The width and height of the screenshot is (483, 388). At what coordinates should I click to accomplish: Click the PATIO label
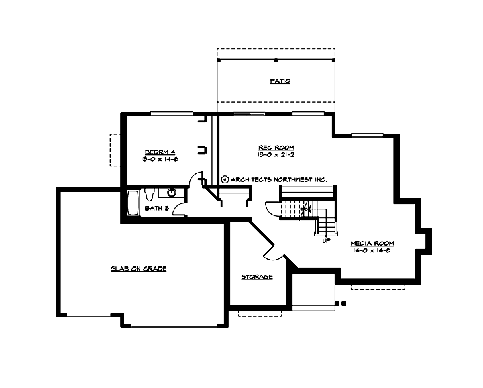tap(280, 81)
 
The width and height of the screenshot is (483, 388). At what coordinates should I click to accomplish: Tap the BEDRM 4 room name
tap(160, 152)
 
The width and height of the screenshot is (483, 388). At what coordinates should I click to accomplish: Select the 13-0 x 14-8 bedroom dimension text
tap(160, 160)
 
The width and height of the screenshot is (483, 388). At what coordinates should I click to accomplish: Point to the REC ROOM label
tap(276, 148)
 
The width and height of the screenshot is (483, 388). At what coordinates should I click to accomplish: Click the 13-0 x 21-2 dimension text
tap(276, 155)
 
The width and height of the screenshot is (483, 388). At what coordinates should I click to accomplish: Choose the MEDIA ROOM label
tap(372, 242)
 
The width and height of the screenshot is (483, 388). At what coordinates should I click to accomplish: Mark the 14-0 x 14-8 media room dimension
tap(372, 250)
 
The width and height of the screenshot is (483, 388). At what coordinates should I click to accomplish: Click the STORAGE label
tap(256, 277)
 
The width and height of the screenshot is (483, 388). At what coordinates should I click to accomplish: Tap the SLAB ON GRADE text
tap(139, 269)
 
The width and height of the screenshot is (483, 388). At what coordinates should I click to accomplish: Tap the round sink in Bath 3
tap(172, 193)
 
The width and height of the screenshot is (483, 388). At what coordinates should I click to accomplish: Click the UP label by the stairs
tap(326, 240)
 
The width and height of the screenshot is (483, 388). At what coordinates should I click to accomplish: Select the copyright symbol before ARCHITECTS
tap(225, 180)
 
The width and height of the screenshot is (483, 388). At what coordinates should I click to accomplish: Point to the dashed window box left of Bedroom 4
tap(115, 150)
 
